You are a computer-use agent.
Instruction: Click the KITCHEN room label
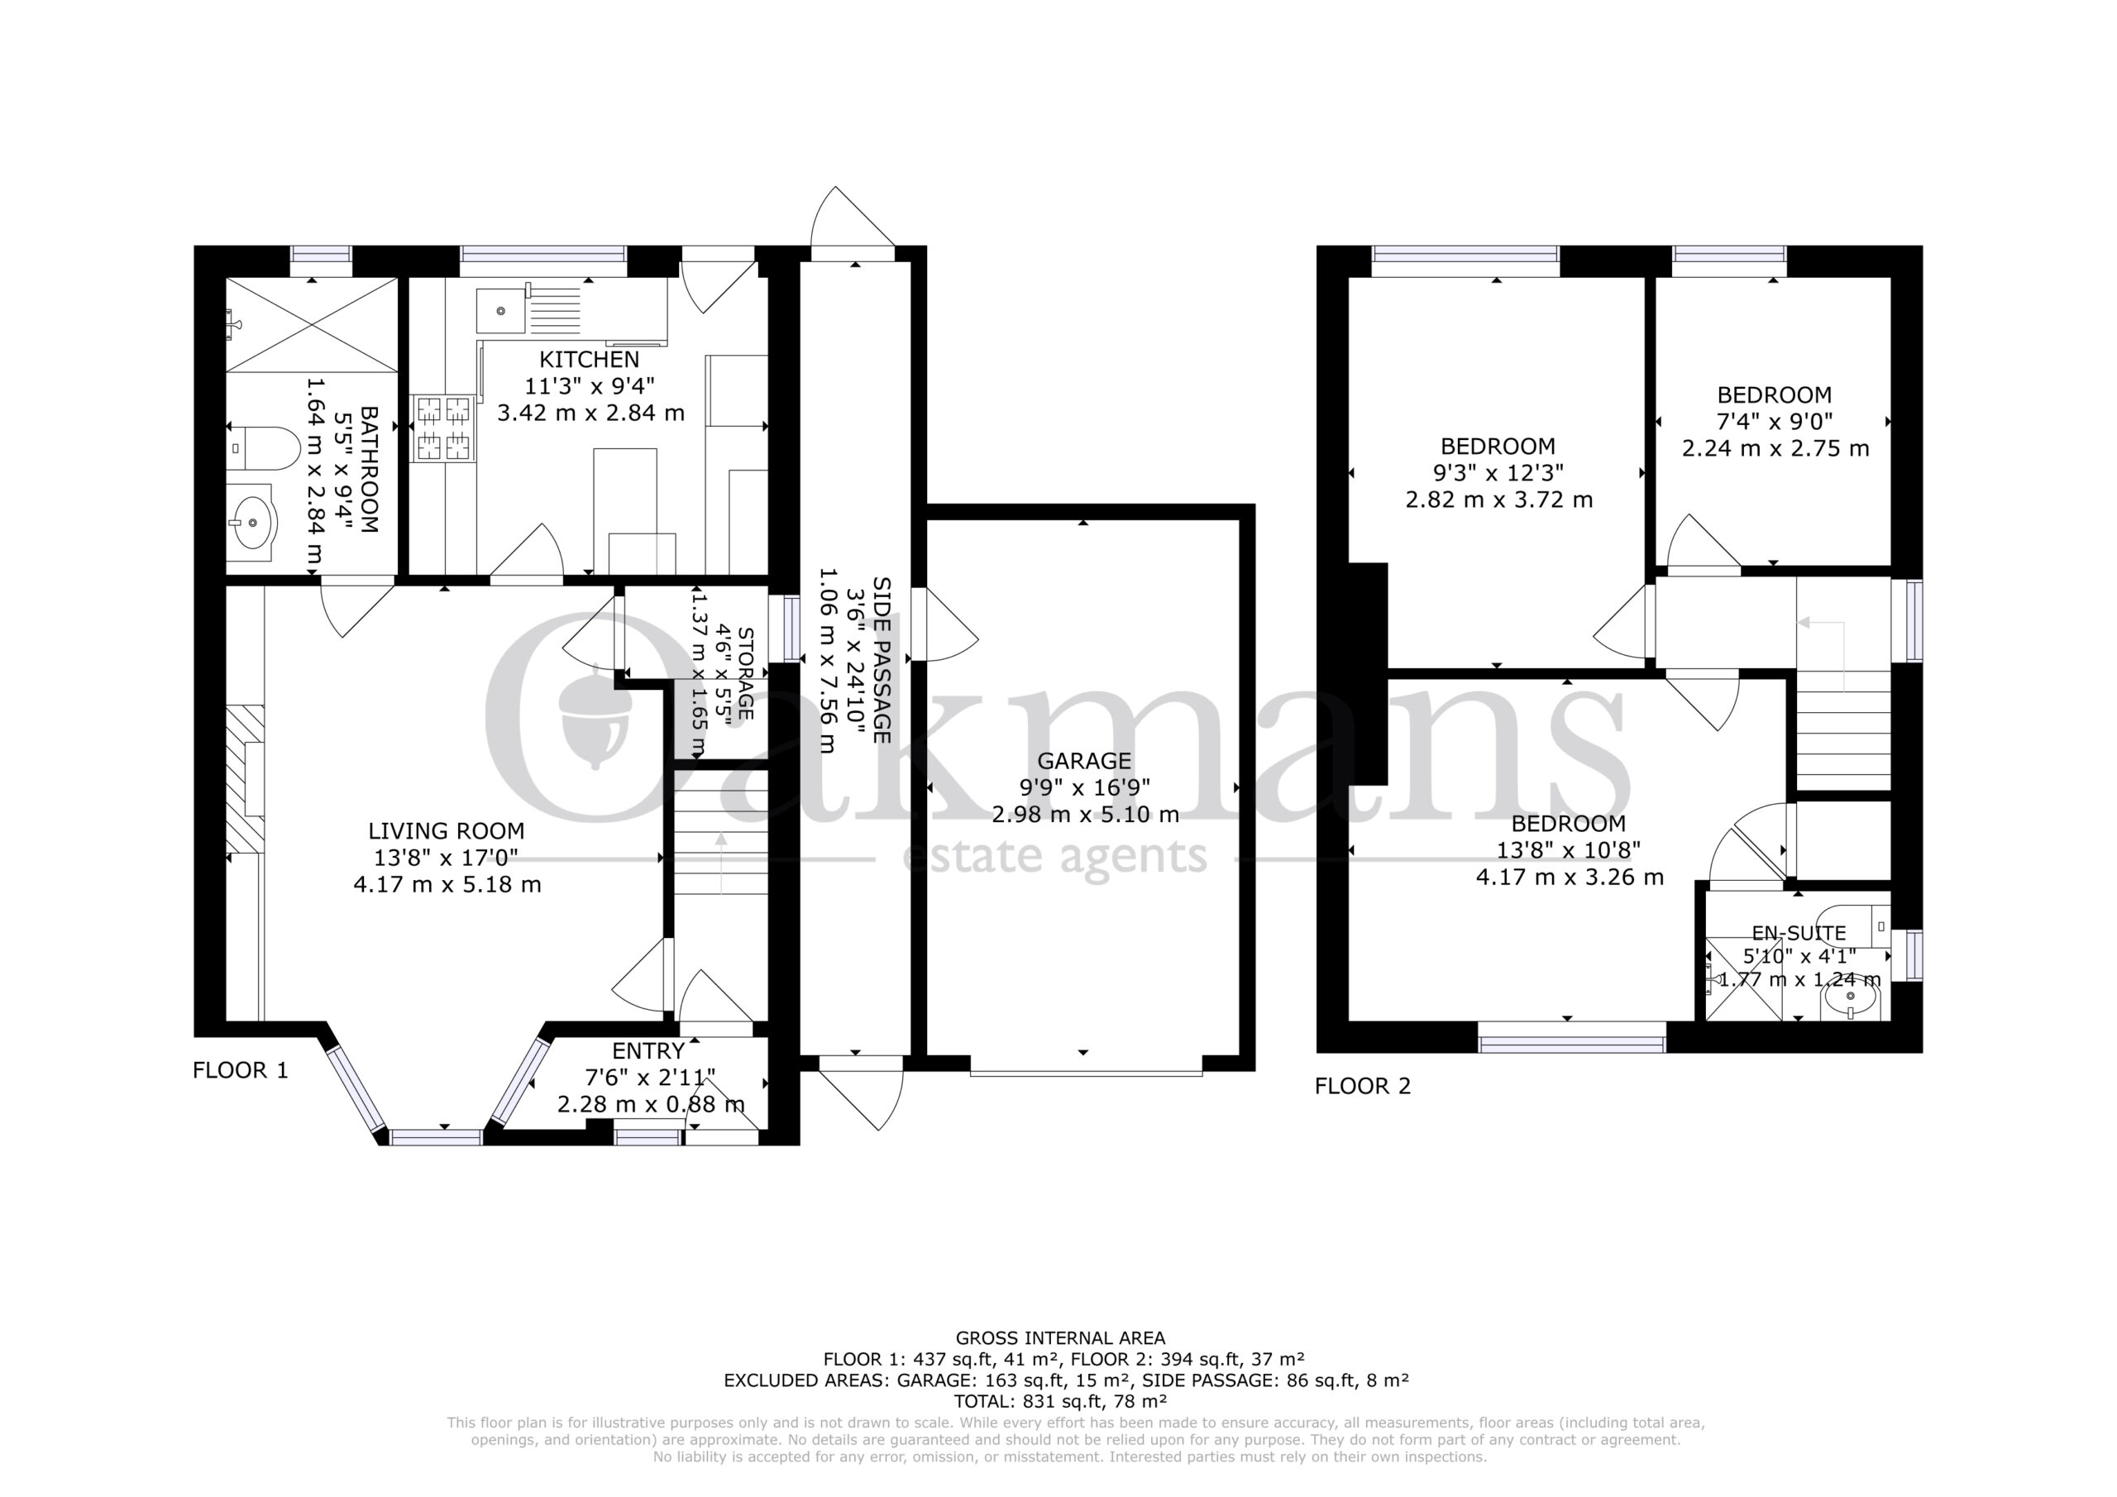click(589, 359)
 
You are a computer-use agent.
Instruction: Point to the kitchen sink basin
click(499, 310)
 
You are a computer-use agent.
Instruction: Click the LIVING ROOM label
click(447, 831)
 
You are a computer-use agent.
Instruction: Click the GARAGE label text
click(1084, 761)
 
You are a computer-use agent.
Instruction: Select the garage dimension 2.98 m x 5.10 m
click(1085, 815)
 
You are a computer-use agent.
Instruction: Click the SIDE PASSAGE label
click(882, 660)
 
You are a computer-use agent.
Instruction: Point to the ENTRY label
click(648, 1050)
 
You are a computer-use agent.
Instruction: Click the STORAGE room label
click(746, 674)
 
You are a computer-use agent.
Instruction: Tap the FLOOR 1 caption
click(241, 1070)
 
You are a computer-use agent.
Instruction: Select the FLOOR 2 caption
click(1363, 1086)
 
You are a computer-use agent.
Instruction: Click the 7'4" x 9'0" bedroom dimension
click(1775, 422)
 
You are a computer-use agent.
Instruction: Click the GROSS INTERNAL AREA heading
click(1060, 1337)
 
